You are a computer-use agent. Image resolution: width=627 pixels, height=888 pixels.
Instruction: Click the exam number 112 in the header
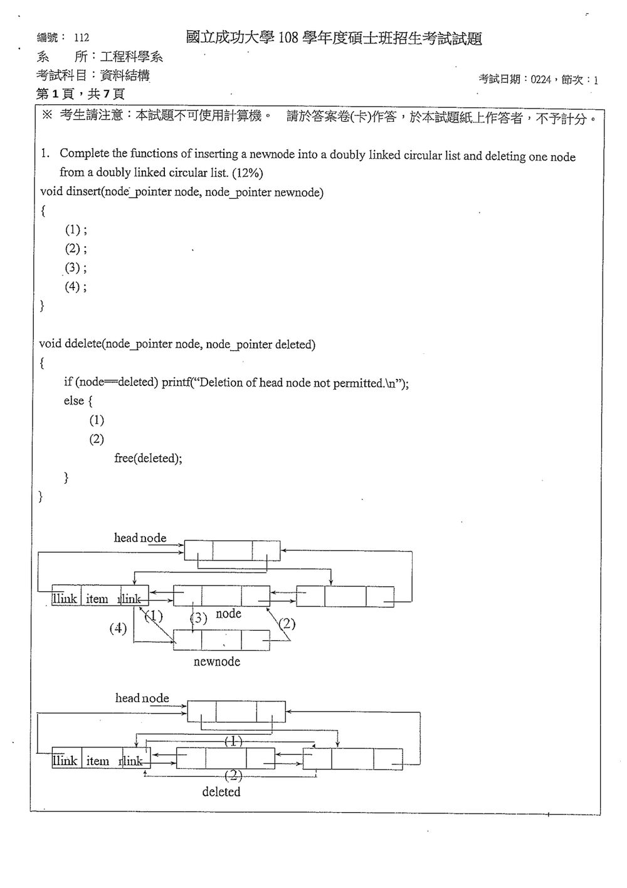click(x=82, y=38)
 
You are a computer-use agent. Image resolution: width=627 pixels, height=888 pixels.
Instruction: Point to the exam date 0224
click(x=540, y=80)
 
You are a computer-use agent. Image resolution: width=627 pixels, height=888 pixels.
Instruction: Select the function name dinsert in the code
click(x=82, y=192)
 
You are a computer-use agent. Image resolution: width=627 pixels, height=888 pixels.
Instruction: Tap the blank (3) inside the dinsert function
click(x=73, y=267)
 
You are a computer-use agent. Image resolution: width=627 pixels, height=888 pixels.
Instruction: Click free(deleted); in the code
click(x=148, y=458)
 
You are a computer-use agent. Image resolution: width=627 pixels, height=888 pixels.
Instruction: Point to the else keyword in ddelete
click(x=73, y=401)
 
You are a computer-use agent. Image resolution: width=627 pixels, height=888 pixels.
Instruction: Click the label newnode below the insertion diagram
click(x=217, y=661)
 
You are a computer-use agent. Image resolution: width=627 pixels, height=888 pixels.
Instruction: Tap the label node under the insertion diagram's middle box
click(x=228, y=614)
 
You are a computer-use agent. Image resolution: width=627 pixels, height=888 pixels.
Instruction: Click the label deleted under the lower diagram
click(x=221, y=791)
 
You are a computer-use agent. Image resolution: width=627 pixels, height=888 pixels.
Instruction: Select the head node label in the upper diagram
click(x=140, y=538)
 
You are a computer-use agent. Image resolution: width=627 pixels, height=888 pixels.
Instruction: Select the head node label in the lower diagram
click(x=142, y=698)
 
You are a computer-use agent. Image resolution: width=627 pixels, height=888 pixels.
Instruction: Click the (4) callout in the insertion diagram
click(x=118, y=628)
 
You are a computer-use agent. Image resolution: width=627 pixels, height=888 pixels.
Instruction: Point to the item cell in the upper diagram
click(x=97, y=599)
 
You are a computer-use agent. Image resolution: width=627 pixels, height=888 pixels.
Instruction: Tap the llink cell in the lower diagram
click(x=65, y=761)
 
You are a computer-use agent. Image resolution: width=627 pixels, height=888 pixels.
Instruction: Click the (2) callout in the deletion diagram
click(x=233, y=775)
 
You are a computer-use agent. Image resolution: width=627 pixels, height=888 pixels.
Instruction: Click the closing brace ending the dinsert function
click(x=42, y=306)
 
